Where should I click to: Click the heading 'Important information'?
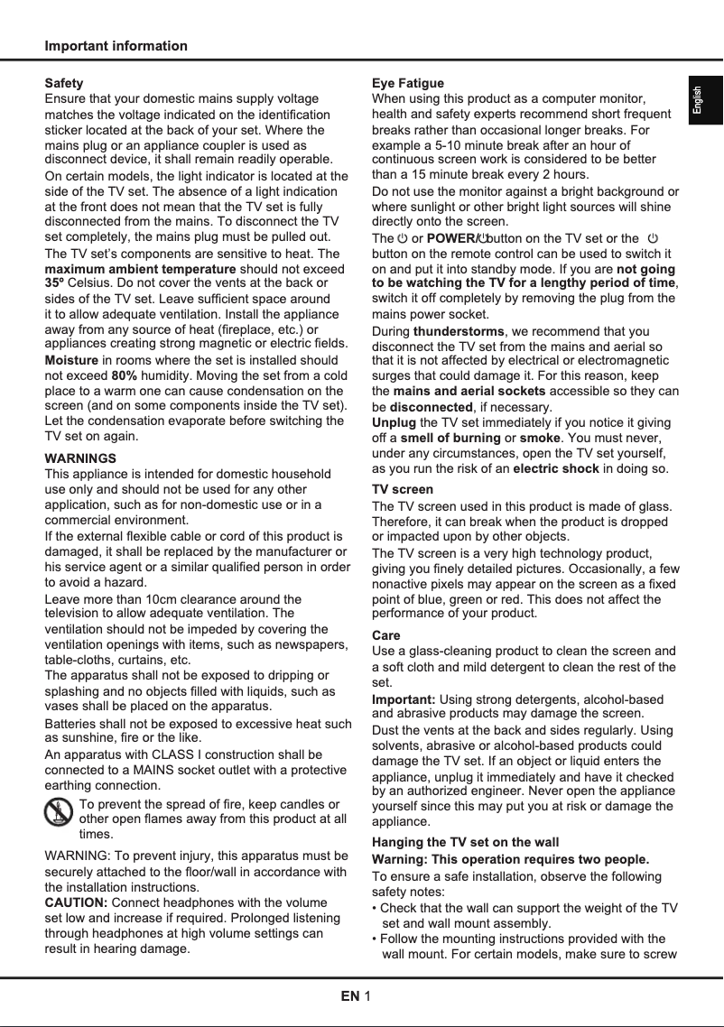tap(116, 46)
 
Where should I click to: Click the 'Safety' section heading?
tap(64, 83)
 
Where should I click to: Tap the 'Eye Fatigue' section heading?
tap(408, 83)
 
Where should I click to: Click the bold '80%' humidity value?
tap(125, 375)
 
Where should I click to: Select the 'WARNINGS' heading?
tap(80, 458)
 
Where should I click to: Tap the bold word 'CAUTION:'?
tap(77, 902)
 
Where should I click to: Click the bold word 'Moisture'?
tap(71, 360)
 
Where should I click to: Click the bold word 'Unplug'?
tap(394, 422)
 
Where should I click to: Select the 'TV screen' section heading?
tap(403, 489)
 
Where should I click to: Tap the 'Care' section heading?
tap(386, 635)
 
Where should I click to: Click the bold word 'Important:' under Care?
tap(404, 700)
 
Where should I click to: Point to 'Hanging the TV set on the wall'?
tap(465, 842)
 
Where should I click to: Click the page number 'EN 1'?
tap(356, 996)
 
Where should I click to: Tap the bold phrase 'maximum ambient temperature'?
tap(140, 269)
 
